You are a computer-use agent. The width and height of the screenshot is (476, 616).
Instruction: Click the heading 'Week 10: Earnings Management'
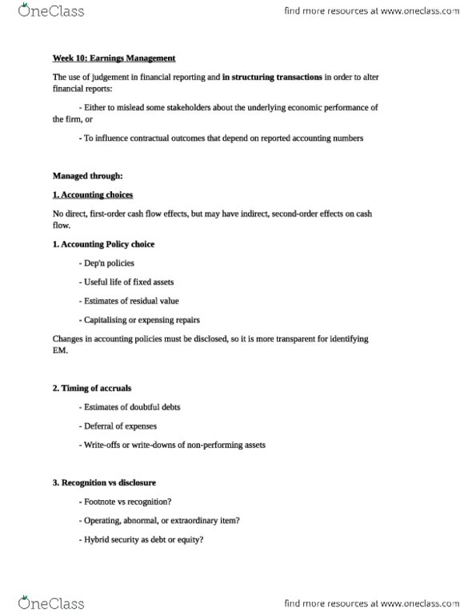114,58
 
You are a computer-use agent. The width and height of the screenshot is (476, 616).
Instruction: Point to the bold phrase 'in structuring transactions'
267,76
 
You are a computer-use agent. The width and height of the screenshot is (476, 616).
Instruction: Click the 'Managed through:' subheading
88,175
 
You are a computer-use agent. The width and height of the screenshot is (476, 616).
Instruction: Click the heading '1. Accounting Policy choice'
103,244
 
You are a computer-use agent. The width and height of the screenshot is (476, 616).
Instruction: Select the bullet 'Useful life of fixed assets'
127,282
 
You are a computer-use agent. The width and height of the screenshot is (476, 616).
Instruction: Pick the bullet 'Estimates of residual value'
129,301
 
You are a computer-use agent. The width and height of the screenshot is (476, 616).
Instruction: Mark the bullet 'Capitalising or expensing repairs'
139,320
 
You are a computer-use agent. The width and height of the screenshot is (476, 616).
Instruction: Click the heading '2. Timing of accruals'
91,388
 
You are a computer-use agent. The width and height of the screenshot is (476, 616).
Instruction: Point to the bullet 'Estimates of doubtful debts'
130,407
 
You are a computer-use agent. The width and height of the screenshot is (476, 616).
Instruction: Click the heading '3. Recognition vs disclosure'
104,483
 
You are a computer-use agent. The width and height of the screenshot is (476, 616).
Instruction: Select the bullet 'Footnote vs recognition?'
124,502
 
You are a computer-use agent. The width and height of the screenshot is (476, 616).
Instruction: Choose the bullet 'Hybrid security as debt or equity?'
142,540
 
